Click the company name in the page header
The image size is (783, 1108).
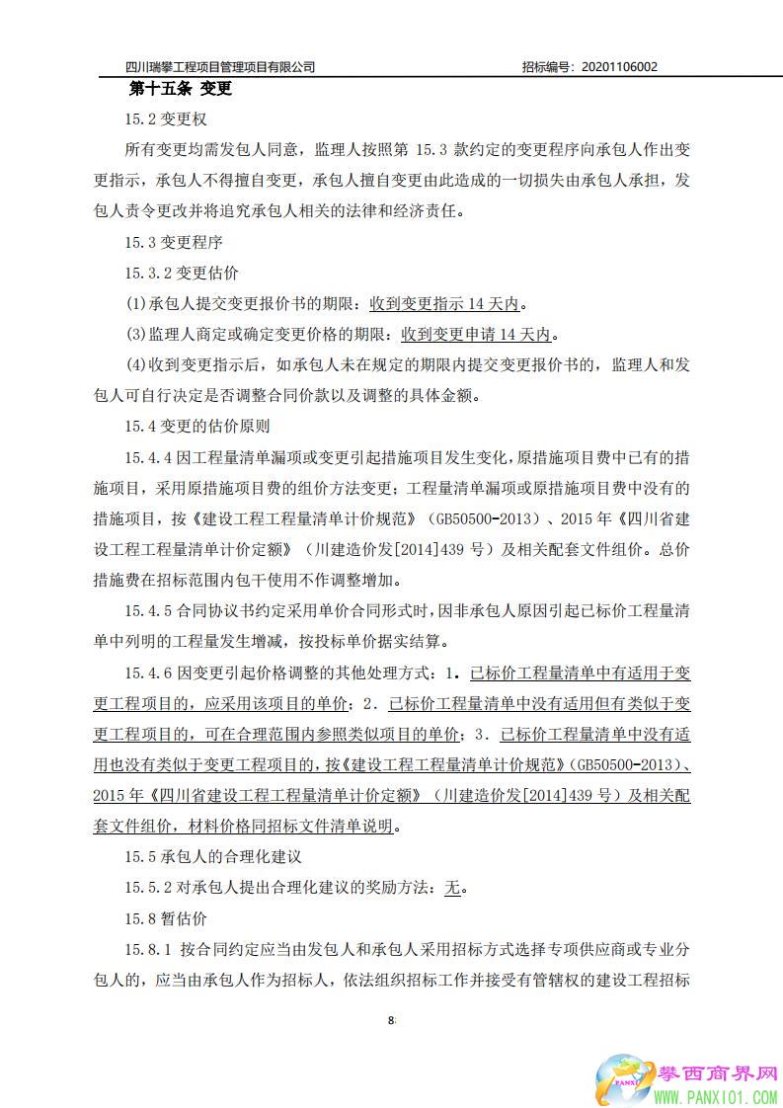(221, 67)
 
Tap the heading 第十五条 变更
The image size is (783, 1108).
(181, 90)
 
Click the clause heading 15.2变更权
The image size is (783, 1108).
(165, 120)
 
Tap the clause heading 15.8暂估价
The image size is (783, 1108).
(165, 918)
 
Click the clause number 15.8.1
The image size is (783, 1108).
(148, 949)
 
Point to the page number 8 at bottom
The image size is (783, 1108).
(391, 1020)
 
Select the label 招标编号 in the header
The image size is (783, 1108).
(545, 67)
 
